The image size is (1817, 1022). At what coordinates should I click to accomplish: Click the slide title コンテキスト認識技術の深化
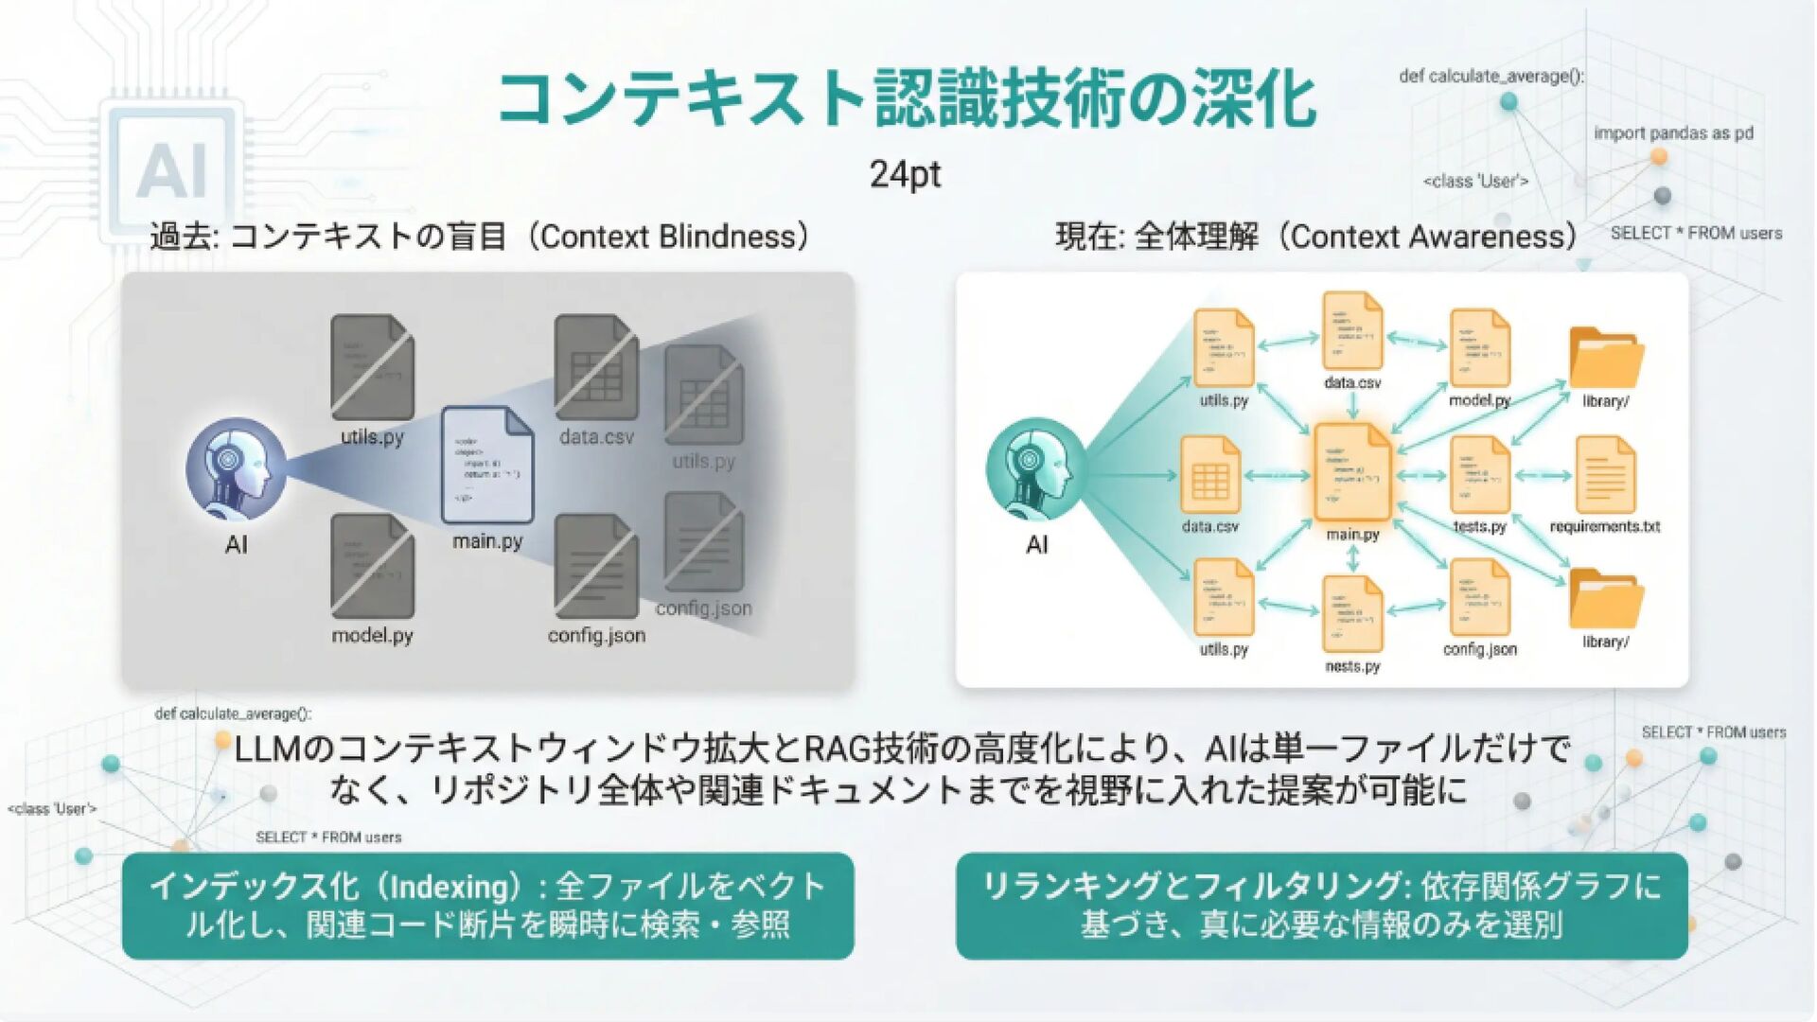[x=906, y=98]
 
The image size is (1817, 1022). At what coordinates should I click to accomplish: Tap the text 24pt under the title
[x=905, y=174]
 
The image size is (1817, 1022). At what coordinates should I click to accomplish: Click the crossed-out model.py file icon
[x=372, y=567]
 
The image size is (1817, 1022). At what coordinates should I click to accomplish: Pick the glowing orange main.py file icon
[x=1351, y=471]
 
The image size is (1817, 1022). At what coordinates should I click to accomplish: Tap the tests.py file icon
[x=1479, y=473]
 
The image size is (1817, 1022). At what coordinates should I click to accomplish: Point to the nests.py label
[x=1352, y=666]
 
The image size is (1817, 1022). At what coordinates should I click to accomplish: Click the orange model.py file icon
[x=1479, y=348]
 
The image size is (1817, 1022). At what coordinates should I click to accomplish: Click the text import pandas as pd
[x=1672, y=133]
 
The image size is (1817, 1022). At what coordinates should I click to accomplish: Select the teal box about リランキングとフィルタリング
[x=1321, y=906]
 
